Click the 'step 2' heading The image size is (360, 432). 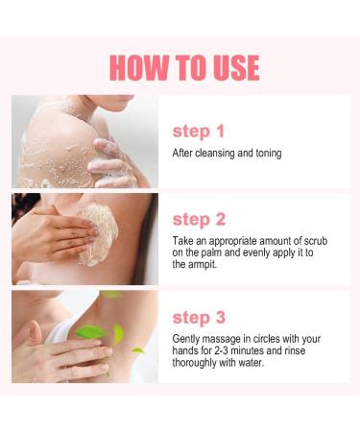[198, 218]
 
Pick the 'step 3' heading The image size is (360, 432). [198, 318]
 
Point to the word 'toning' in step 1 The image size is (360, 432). [266, 153]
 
